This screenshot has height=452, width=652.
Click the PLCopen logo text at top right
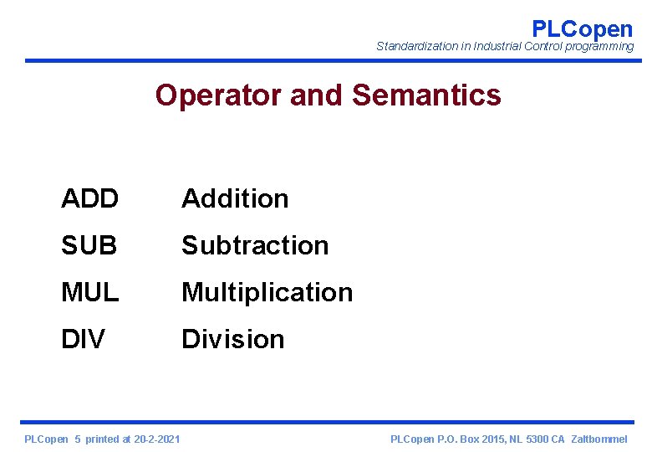pyautogui.click(x=582, y=28)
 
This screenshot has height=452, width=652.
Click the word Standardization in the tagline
pyautogui.click(x=416, y=47)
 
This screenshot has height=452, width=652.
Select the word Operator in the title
pyautogui.click(x=219, y=95)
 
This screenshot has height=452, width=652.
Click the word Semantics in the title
pyautogui.click(x=426, y=95)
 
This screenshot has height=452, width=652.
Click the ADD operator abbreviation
pyautogui.click(x=89, y=199)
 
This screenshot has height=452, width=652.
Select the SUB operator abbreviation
pyautogui.click(x=89, y=246)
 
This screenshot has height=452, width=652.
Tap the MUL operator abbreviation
pyautogui.click(x=90, y=293)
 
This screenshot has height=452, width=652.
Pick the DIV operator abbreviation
pyautogui.click(x=83, y=340)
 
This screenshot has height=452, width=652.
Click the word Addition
pyautogui.click(x=235, y=199)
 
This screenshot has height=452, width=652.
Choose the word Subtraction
pyautogui.click(x=255, y=246)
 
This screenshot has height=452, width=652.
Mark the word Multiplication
pyautogui.click(x=267, y=293)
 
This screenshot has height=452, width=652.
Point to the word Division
pyautogui.click(x=232, y=340)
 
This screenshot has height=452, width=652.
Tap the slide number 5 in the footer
pyautogui.click(x=78, y=439)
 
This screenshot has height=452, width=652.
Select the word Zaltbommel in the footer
pyautogui.click(x=599, y=439)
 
